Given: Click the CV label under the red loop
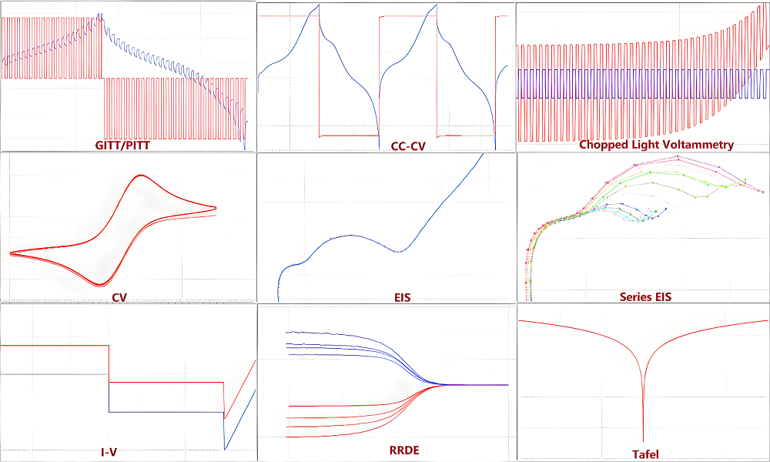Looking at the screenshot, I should (x=119, y=296).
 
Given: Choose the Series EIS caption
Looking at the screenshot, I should (x=645, y=296).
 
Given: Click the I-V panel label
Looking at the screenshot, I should (x=109, y=452).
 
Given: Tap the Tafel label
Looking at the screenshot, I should (x=645, y=454).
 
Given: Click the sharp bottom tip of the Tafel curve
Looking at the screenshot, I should (x=643, y=439).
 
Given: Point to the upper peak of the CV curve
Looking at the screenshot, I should (x=141, y=176).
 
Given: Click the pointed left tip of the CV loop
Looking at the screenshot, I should (x=11, y=253).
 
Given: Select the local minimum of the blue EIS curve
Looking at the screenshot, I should (x=398, y=251).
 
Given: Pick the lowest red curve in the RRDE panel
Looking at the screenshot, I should (x=323, y=437).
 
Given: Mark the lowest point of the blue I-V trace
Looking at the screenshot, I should (x=224, y=449).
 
